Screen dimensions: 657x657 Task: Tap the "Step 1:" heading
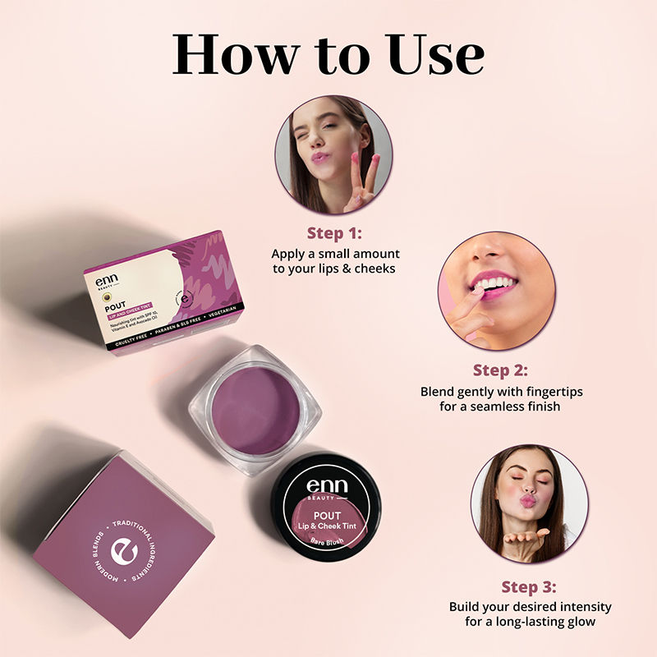[333, 232]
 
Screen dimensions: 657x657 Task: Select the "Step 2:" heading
[500, 370]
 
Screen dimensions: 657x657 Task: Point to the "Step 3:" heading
[529, 586]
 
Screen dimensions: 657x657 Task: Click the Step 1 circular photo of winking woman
[333, 154]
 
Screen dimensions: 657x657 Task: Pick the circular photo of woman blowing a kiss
[529, 503]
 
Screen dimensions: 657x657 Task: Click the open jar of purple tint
[255, 411]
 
